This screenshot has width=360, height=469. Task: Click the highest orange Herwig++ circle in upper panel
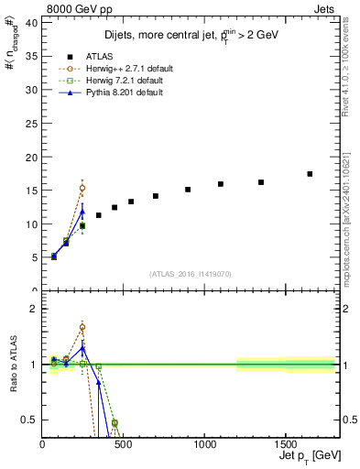[x=82, y=188]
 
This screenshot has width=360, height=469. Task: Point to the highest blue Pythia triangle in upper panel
[x=82, y=212]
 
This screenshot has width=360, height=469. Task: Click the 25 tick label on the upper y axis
[x=33, y=124]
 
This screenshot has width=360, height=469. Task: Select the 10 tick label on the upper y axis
[x=33, y=224]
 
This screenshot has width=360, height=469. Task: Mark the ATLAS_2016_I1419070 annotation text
[x=190, y=273]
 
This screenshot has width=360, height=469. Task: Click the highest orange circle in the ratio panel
[x=82, y=327]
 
